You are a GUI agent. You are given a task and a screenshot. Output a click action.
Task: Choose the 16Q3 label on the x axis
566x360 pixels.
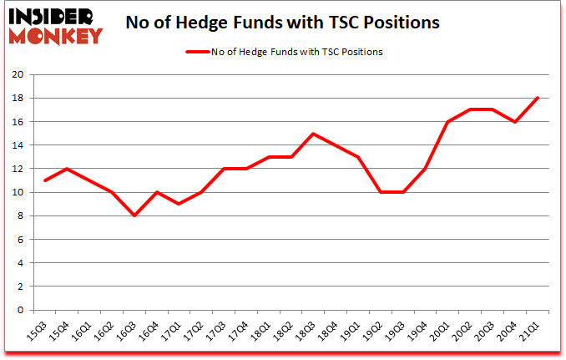127,333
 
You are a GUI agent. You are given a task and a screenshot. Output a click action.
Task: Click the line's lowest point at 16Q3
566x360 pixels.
134,215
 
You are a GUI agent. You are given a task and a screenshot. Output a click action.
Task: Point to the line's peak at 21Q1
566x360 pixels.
538,98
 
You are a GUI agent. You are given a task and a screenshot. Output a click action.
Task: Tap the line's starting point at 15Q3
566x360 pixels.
44,180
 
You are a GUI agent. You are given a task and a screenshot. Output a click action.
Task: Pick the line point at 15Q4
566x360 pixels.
67,169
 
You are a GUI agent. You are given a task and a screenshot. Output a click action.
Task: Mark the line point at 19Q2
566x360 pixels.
382,192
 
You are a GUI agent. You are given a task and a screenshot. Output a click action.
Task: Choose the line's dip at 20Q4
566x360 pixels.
516,122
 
